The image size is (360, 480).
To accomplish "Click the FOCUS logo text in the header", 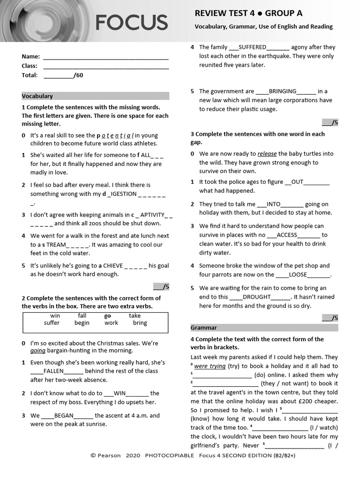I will [131, 22].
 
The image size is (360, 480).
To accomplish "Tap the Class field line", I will [105, 66].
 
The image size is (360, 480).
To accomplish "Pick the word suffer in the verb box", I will [52, 323].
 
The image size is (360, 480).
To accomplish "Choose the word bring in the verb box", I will [140, 323].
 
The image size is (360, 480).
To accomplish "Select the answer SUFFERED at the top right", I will [252, 47].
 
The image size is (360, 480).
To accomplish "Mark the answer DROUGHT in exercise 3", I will [256, 297].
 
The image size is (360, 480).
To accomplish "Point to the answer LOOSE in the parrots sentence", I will [298, 275].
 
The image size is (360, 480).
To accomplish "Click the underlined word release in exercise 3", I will [267, 154].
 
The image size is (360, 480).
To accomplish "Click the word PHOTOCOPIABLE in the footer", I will [169, 456].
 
